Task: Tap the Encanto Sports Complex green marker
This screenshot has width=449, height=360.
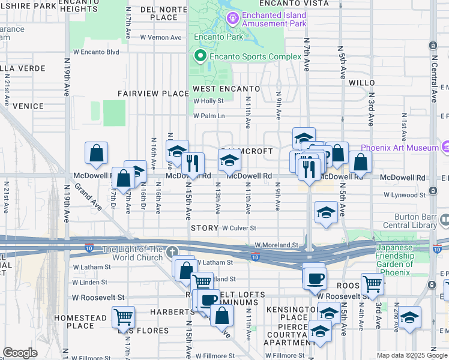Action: coord(199,56)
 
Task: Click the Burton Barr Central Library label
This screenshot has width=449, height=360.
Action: coord(407,221)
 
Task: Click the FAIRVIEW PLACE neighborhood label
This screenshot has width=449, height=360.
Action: coord(153,94)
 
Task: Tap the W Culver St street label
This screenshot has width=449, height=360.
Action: coord(239,229)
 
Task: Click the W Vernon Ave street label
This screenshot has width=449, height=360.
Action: coord(160,37)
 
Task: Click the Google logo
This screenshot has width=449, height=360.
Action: coord(20,353)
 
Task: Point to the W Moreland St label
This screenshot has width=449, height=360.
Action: coord(276,245)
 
